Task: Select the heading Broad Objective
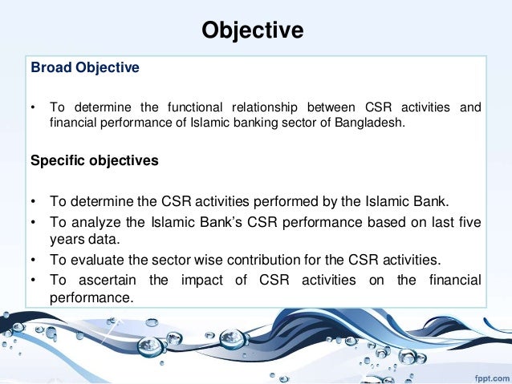pos(84,68)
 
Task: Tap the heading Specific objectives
pos(94,160)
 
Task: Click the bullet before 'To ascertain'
pos(34,279)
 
